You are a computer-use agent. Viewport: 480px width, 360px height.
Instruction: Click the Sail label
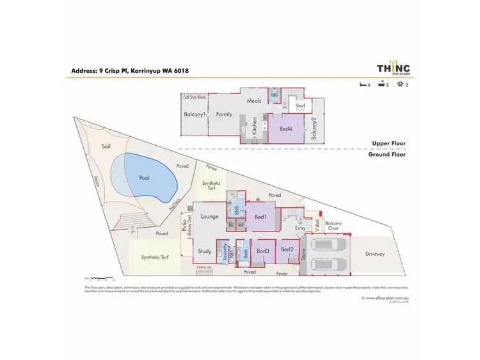[x=106, y=146]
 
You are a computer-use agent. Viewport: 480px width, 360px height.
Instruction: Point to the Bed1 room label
[x=260, y=217]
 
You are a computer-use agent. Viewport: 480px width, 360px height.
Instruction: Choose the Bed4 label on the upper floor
[x=287, y=129]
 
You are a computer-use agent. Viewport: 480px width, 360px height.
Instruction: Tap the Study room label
[x=204, y=251]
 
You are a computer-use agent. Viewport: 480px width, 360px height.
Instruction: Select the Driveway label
[x=376, y=254]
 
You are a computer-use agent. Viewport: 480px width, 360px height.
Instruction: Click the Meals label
[x=256, y=100]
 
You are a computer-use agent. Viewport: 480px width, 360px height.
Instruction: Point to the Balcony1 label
[x=195, y=114]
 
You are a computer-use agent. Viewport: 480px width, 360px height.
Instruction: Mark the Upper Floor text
[x=389, y=144]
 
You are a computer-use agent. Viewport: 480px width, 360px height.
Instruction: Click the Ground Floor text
[x=387, y=154]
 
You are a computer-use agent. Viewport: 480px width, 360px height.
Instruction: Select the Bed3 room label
[x=262, y=251]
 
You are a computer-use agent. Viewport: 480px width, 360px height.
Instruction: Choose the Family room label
[x=223, y=114]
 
